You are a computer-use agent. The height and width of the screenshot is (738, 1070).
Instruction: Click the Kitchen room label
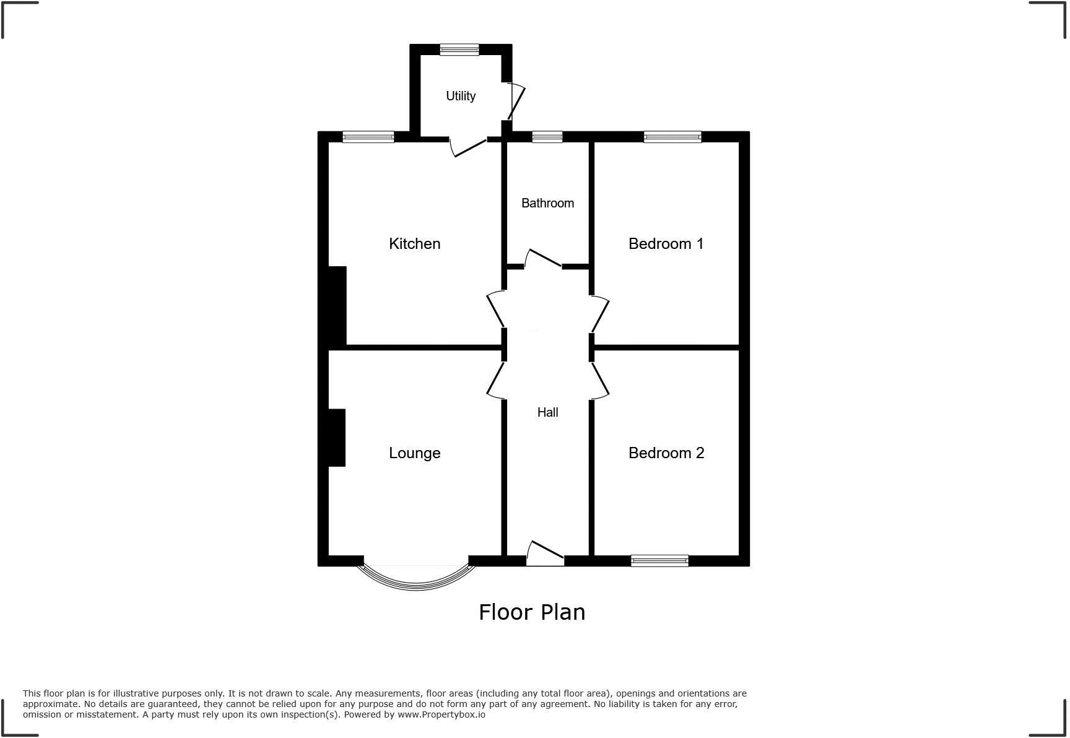pyautogui.click(x=414, y=244)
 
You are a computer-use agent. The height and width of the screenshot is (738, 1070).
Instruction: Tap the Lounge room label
pyautogui.click(x=414, y=453)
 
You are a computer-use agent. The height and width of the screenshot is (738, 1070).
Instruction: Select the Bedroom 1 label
pyautogui.click(x=666, y=244)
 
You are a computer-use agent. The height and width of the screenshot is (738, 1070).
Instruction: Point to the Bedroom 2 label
pyautogui.click(x=666, y=453)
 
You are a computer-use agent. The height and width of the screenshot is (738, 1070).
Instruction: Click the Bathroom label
pyautogui.click(x=547, y=203)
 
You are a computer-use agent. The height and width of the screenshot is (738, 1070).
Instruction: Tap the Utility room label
pyautogui.click(x=461, y=96)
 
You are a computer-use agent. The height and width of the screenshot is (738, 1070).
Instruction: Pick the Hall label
pyautogui.click(x=547, y=412)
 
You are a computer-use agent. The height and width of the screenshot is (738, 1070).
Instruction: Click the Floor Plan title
pyautogui.click(x=532, y=612)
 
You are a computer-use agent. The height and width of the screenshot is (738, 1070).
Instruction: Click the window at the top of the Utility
pyautogui.click(x=459, y=50)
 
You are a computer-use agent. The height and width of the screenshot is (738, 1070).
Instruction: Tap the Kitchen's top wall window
pyautogui.click(x=368, y=137)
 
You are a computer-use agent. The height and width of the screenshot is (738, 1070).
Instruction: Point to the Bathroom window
pyautogui.click(x=547, y=137)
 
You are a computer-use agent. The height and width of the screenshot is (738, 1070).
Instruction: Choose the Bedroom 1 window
pyautogui.click(x=672, y=137)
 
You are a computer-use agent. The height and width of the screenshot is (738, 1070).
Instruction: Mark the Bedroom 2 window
pyautogui.click(x=659, y=561)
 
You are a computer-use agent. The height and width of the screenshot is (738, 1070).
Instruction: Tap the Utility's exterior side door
pyautogui.click(x=516, y=102)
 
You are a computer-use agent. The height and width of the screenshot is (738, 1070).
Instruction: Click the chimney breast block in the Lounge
pyautogui.click(x=336, y=437)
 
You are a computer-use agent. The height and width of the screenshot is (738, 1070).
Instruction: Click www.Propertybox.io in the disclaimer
pyautogui.click(x=441, y=714)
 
